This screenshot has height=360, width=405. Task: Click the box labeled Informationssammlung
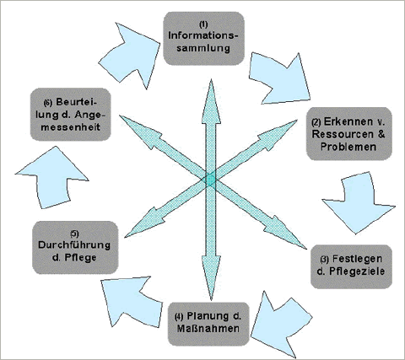pos(204,39)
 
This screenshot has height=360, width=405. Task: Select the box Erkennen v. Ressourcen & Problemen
pos(349,134)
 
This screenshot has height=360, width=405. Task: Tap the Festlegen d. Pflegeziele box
pos(351,266)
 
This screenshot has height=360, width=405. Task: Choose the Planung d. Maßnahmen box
pos(208,324)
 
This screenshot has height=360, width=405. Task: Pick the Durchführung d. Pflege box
pos(75,248)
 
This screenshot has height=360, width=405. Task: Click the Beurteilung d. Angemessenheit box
pos(70,115)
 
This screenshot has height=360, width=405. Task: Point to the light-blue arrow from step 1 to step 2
pos(280,78)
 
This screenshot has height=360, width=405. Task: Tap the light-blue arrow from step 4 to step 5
pos(132,302)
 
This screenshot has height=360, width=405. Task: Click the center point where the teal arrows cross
pos(210,179)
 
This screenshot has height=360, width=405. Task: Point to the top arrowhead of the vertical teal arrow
pos(211,101)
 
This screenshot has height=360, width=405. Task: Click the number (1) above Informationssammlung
pos(203,24)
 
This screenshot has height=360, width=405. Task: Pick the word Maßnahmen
pos(208,329)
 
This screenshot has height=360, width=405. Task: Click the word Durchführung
pos(74,244)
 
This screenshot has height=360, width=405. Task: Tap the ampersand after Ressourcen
pos(381,134)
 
